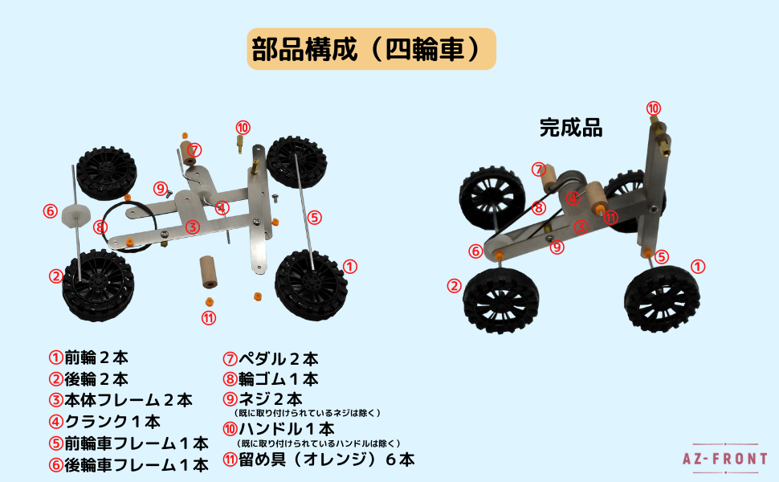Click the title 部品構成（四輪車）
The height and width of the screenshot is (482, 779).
point(371,50)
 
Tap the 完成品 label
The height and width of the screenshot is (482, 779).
point(570,128)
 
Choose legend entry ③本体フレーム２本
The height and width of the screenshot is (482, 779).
point(120,400)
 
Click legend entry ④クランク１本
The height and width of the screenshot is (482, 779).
point(104,421)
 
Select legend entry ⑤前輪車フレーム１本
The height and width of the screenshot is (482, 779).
point(128,443)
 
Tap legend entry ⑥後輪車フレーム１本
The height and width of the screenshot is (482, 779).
point(128,464)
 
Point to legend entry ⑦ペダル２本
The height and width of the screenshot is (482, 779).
point(271,358)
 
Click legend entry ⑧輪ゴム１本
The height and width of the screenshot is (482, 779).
point(271,378)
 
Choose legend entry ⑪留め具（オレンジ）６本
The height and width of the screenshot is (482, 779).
point(319,460)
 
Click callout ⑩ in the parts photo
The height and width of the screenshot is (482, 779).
point(243,128)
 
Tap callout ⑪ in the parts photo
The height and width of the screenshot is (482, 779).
point(209,317)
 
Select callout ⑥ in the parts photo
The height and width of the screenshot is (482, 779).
point(51,211)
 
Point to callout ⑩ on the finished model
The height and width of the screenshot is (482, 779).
point(654,108)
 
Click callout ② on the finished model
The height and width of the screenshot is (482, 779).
point(455,285)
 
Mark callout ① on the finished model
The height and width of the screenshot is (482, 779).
point(698,266)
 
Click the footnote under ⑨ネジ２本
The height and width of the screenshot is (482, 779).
point(313,413)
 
